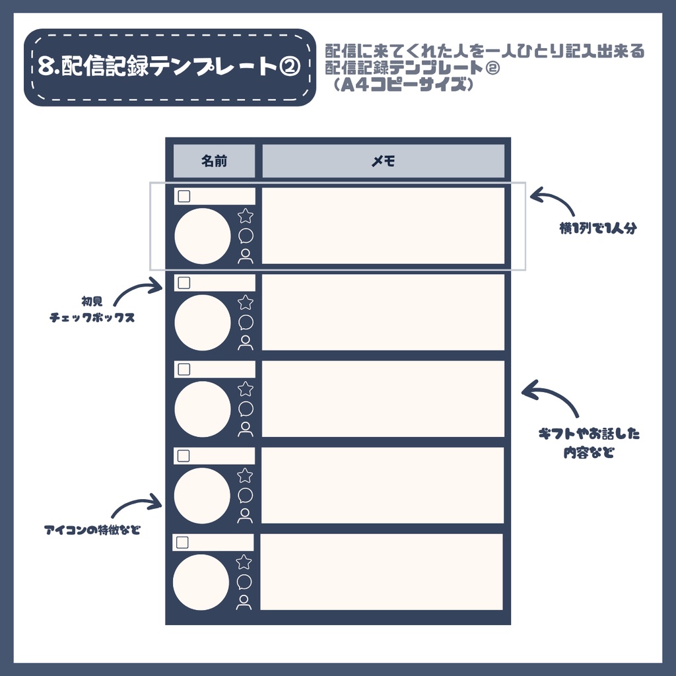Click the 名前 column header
tap(214, 161)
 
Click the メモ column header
tap(383, 161)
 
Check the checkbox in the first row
tap(184, 196)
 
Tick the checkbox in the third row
tap(184, 369)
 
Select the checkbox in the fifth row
tap(183, 543)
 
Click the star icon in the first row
tap(246, 216)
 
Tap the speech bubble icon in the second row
tap(246, 322)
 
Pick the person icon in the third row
tap(246, 429)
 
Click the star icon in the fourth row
tap(245, 475)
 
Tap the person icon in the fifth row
tap(244, 602)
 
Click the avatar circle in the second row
tap(203, 323)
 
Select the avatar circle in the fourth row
tap(202, 496)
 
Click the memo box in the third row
tap(383, 399)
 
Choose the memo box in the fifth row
tap(382, 572)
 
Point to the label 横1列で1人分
tap(597, 229)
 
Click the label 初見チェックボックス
tap(92, 310)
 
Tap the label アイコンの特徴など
tap(92, 530)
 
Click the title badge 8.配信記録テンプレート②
tap(169, 67)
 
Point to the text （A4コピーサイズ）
tap(403, 85)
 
